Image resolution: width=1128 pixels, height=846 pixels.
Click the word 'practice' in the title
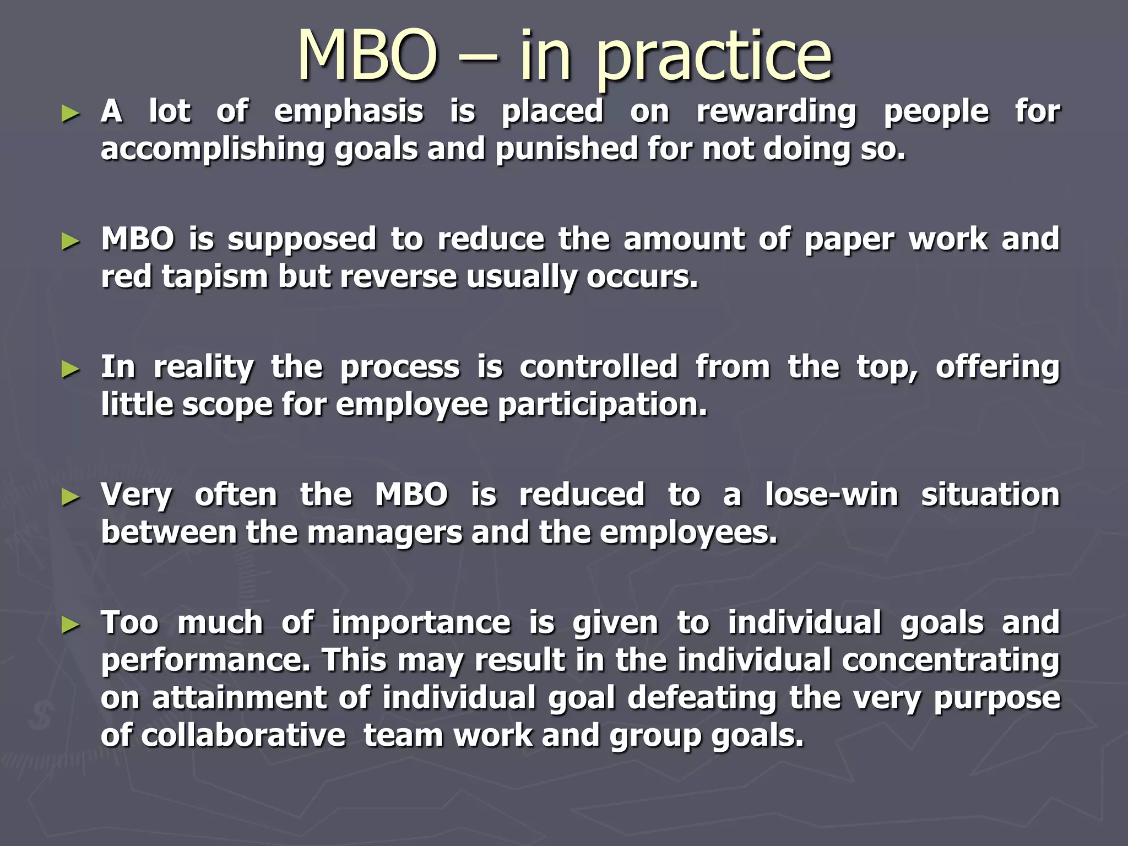point(714,57)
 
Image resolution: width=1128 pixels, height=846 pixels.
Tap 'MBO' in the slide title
point(368,55)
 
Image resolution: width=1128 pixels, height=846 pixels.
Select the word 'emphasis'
point(349,112)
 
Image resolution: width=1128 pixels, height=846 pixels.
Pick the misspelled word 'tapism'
point(215,277)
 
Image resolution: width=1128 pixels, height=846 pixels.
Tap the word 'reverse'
point(398,277)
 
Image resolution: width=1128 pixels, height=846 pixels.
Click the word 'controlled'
point(599,367)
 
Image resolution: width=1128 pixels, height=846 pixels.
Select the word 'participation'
point(602,406)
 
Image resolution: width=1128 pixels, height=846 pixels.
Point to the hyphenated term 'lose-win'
point(832,495)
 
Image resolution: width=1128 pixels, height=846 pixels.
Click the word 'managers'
point(384,533)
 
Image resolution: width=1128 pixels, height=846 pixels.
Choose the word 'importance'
point(421,623)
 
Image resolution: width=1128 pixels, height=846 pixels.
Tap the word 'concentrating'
point(951,660)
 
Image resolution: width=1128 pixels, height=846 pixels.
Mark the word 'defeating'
point(702,698)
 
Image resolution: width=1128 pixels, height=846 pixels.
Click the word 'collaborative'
point(243,735)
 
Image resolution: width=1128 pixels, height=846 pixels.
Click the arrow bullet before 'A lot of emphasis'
point(71,115)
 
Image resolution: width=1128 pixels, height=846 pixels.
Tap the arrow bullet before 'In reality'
point(71,370)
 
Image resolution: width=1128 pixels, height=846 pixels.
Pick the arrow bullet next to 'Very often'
point(71,497)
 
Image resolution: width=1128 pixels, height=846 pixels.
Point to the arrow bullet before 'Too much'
point(71,625)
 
